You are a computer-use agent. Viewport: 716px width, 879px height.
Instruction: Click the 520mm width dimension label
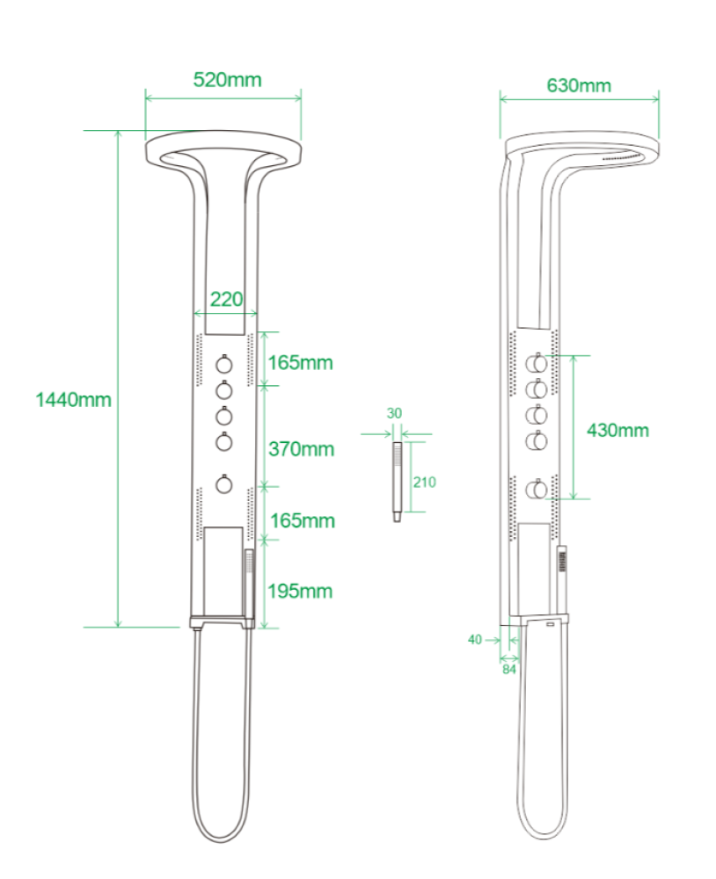click(227, 80)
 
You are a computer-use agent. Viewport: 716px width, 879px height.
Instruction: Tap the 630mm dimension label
click(579, 85)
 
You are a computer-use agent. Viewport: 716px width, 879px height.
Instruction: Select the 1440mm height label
click(74, 400)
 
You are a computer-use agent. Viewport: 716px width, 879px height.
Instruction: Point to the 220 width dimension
click(227, 299)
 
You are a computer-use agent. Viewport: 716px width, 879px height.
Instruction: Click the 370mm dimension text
click(302, 448)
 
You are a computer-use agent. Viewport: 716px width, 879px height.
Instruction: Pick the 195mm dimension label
click(300, 591)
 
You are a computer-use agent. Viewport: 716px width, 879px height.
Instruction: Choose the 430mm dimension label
click(617, 430)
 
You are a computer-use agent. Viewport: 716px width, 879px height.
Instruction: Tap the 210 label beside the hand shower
click(424, 482)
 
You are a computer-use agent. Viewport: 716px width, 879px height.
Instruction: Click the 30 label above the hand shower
click(394, 413)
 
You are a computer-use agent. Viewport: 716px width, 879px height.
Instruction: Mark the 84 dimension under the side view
click(509, 669)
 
